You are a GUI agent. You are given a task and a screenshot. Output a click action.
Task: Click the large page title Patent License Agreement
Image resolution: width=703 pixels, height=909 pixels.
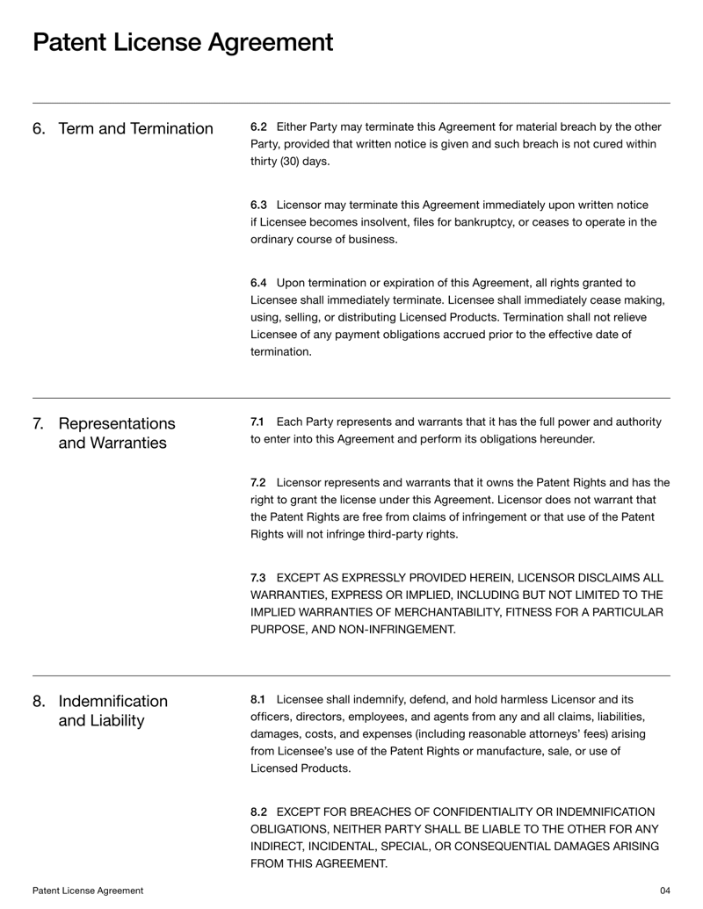pos(183,41)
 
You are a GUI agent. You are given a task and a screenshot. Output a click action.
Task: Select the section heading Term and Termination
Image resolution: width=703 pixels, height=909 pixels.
pos(135,129)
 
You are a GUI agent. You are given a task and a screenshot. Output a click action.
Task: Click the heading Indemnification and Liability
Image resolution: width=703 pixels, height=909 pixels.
pos(112,711)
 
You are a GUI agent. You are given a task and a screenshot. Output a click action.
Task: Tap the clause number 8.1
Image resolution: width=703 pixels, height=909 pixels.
pos(257,700)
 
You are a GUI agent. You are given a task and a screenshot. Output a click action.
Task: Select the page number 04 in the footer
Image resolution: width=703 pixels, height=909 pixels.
pos(664,891)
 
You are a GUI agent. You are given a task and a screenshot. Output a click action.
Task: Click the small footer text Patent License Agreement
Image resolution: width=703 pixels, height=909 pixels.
pos(88,891)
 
